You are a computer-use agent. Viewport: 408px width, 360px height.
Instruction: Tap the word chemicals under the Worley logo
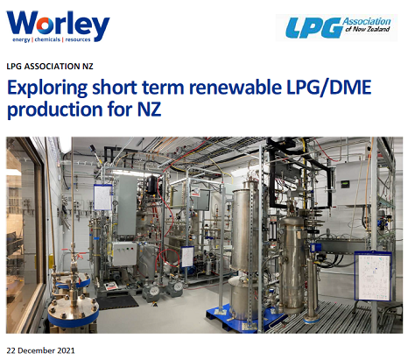tap(47, 39)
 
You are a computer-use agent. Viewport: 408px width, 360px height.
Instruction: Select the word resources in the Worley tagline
tap(78, 39)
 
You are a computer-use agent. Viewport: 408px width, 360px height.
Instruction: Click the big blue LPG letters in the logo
tap(313, 28)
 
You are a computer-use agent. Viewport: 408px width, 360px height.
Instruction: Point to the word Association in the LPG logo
tap(367, 21)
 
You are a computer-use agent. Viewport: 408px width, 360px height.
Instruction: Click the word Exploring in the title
tap(47, 88)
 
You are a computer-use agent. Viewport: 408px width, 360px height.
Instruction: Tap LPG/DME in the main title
tap(329, 88)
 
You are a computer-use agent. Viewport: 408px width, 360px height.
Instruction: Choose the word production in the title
tap(55, 109)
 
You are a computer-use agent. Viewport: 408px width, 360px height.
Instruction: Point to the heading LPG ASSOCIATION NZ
tap(50, 67)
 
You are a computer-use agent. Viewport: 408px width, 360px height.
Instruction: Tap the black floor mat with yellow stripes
tap(117, 301)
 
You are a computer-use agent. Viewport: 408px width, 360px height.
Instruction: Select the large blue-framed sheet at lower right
tap(373, 276)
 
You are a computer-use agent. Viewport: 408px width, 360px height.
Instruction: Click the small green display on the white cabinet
tap(345, 184)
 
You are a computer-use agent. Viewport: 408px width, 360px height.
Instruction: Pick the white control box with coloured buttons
tap(125, 253)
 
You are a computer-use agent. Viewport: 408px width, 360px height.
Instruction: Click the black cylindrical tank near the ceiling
tap(151, 185)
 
